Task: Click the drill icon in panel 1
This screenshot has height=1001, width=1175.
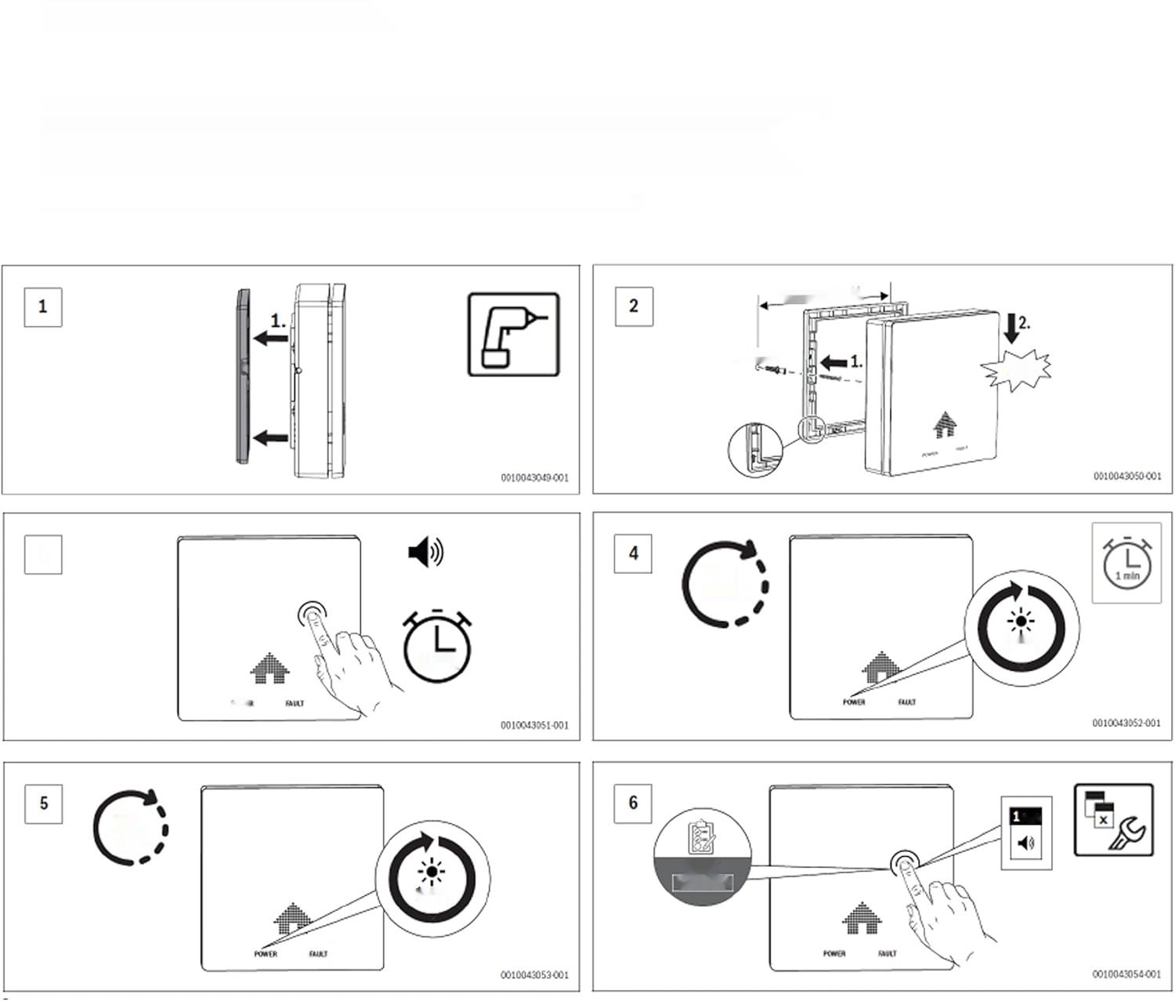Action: (513, 334)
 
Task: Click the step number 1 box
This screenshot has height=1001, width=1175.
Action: (42, 306)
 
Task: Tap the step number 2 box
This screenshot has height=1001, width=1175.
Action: (634, 306)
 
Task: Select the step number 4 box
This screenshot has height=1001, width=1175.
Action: (633, 553)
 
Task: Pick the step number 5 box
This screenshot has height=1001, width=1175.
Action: (44, 803)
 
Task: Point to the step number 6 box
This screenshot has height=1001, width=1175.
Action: (633, 803)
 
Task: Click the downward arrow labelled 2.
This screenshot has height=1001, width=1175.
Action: (1011, 328)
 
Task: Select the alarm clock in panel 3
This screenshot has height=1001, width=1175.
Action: (437, 644)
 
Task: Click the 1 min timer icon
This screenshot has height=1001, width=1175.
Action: (1126, 563)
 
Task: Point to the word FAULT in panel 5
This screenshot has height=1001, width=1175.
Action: (318, 954)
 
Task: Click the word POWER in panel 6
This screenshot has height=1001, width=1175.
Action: (834, 954)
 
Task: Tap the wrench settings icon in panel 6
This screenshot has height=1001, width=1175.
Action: (1113, 820)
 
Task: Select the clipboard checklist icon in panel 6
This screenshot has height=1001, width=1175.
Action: (701, 838)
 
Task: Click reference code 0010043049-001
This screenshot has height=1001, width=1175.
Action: (535, 477)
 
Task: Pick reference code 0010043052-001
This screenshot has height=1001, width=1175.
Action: (1126, 723)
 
